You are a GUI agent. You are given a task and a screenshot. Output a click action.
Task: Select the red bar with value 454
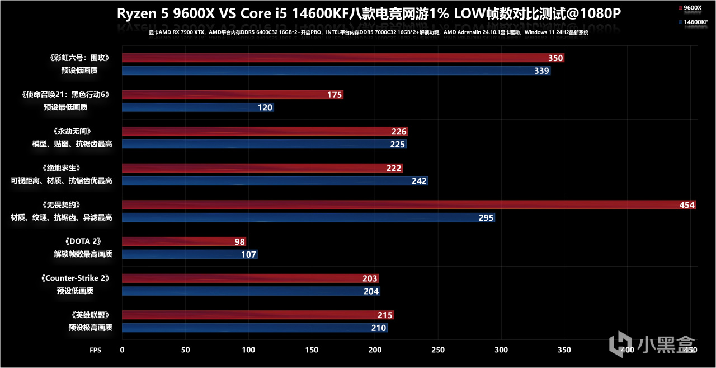[408, 205]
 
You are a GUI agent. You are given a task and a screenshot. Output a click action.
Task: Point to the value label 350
[555, 58]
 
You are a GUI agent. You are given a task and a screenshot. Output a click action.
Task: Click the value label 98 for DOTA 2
[239, 242]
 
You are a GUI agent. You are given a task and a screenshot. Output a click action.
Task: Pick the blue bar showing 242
[275, 181]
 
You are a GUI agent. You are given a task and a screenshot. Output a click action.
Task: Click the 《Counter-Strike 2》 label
[74, 278]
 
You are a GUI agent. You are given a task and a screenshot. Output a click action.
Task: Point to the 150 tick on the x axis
[312, 350]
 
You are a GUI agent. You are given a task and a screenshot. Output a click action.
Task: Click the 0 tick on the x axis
[123, 350]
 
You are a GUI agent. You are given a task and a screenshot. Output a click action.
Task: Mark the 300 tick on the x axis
[501, 350]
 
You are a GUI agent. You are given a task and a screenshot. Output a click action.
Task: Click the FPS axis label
[96, 350]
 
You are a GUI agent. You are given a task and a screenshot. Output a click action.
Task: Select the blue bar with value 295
[308, 217]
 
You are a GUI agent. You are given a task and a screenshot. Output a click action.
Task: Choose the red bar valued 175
[232, 95]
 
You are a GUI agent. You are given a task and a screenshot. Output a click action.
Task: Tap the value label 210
[379, 328]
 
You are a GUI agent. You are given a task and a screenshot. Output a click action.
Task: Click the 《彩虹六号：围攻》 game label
[78, 58]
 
